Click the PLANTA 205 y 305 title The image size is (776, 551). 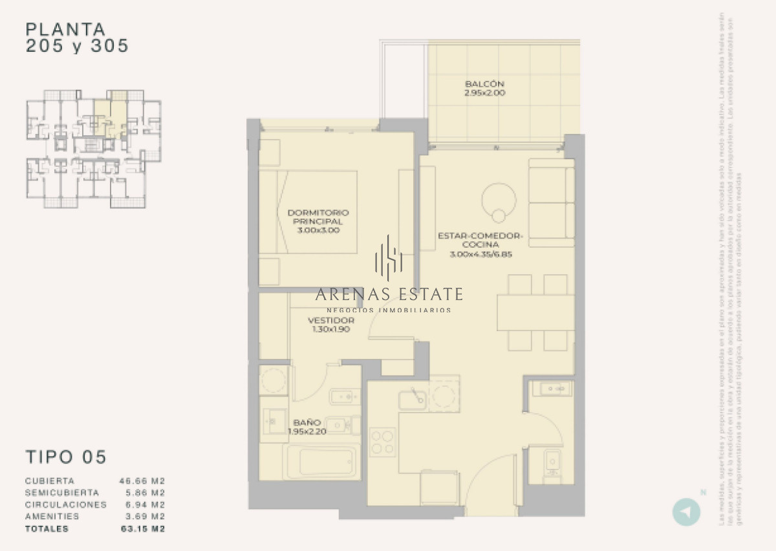coord(76,38)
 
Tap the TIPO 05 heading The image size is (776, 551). coord(65,457)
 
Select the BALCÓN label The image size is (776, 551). coord(484,84)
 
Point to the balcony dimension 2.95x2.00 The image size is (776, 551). coord(484,93)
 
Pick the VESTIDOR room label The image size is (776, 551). coord(331,321)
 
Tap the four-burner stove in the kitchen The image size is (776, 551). coord(382,442)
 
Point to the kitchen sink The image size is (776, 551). coord(412,399)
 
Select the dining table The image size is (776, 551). coord(535,313)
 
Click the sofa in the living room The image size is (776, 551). coord(551,202)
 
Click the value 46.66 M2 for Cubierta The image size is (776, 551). coord(142,481)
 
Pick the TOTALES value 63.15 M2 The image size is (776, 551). coord(142,529)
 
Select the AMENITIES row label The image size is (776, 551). coord(52,517)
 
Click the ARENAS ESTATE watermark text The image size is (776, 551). coord(389,295)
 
